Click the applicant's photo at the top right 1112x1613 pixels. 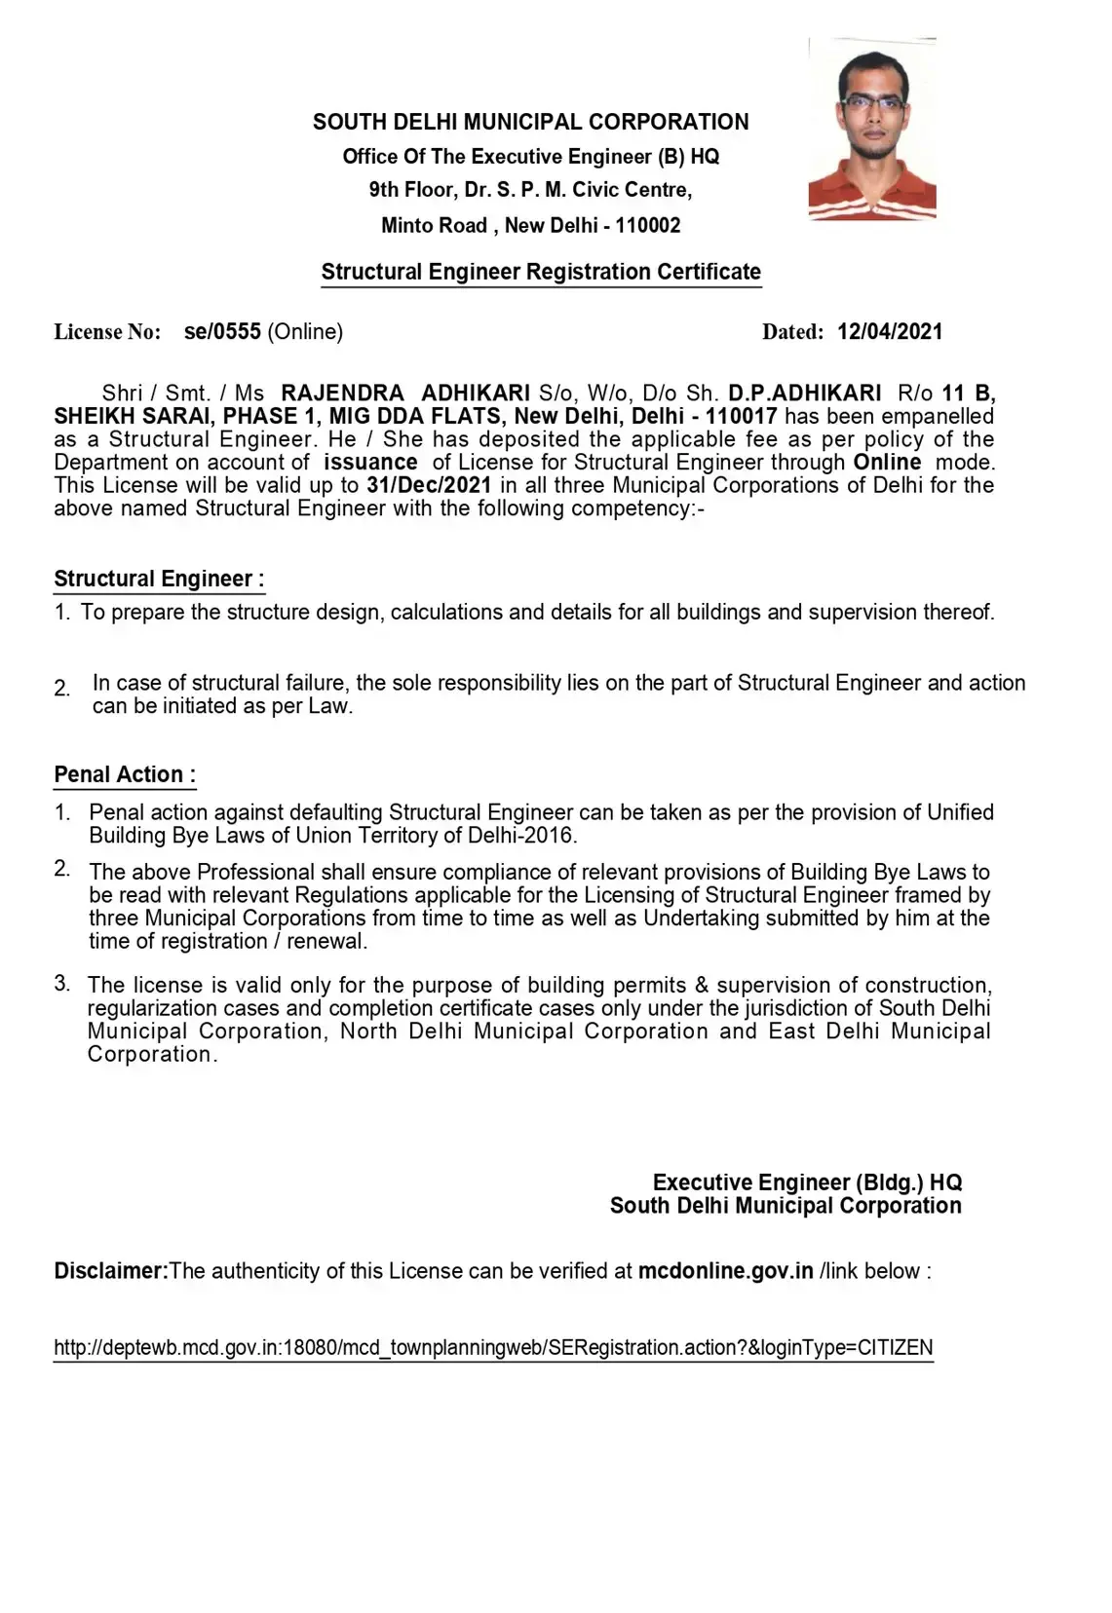pos(872,129)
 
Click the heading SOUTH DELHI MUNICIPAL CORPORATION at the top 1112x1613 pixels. pos(530,123)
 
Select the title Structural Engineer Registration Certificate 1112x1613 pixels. pos(541,272)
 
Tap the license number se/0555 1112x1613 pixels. pos(222,332)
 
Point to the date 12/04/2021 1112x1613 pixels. pos(890,332)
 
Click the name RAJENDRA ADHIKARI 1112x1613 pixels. pos(405,394)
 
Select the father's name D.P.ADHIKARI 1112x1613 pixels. pos(805,394)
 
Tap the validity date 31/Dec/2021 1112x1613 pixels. pos(429,485)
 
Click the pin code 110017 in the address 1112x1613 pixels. pos(742,417)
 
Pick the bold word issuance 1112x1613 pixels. pos(370,463)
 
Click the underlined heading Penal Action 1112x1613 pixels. pos(124,775)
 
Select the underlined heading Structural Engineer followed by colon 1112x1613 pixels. pos(158,580)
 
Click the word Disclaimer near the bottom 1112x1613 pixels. pos(111,1271)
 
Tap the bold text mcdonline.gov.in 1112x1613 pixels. pos(725,1271)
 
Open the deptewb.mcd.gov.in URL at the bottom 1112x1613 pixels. pos(493,1348)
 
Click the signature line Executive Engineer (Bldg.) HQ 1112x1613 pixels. pos(807,1182)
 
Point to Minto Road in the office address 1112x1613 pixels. pos(434,226)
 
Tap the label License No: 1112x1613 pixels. pos(107,332)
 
